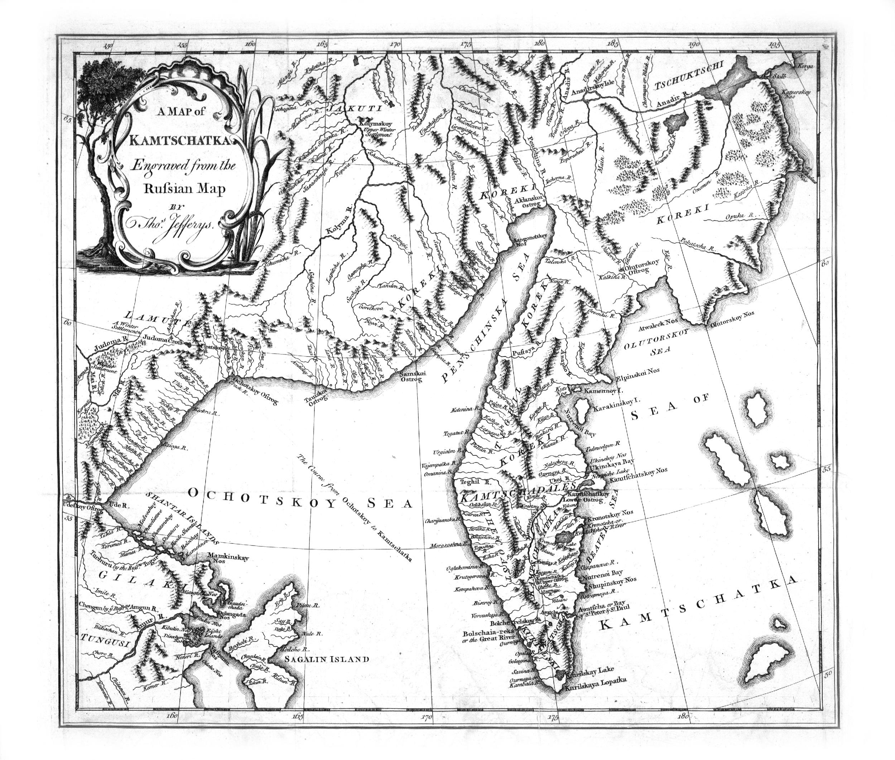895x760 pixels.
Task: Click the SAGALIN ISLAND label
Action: point(326,659)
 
